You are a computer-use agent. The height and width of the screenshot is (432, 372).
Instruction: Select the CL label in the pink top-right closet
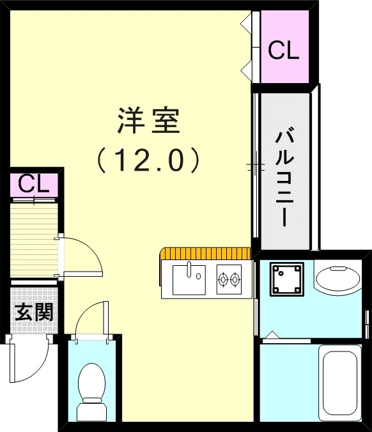(x=283, y=51)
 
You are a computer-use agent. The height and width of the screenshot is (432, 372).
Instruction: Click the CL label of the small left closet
(x=33, y=184)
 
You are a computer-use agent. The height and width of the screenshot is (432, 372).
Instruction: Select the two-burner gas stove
(x=229, y=279)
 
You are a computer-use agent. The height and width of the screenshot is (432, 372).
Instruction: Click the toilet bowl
(x=91, y=382)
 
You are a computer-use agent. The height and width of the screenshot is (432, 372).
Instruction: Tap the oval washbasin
(x=338, y=279)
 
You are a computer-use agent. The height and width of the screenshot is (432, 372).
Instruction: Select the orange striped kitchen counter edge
(x=205, y=254)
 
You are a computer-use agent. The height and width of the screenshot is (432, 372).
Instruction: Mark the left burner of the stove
(x=223, y=279)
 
